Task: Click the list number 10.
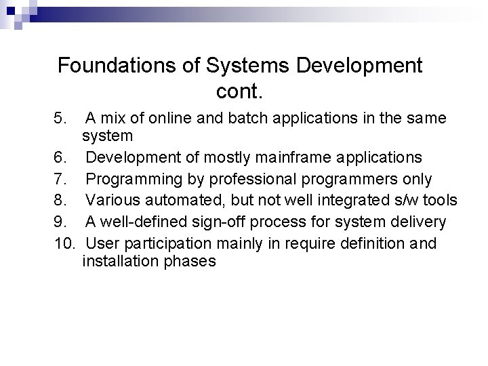[x=64, y=242]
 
